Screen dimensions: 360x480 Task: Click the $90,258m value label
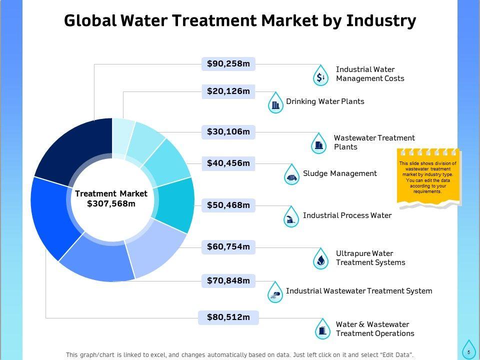(x=228, y=63)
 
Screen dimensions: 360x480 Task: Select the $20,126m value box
(x=228, y=91)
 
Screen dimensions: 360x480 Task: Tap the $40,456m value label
(x=228, y=163)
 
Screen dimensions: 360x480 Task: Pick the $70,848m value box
(x=228, y=281)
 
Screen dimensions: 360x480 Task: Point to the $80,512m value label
(x=228, y=317)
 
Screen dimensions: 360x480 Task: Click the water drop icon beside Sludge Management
(x=292, y=175)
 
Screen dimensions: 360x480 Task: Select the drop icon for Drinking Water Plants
(x=275, y=103)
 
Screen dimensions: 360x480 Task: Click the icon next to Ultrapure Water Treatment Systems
(x=321, y=259)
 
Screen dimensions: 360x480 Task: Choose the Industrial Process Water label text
(x=347, y=215)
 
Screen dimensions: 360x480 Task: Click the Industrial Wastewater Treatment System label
(x=358, y=290)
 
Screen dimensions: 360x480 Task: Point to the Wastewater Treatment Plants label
(x=374, y=142)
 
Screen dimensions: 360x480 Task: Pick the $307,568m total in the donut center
(x=111, y=203)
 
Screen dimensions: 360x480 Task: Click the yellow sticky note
(x=428, y=177)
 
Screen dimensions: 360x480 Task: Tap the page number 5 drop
(x=468, y=350)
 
